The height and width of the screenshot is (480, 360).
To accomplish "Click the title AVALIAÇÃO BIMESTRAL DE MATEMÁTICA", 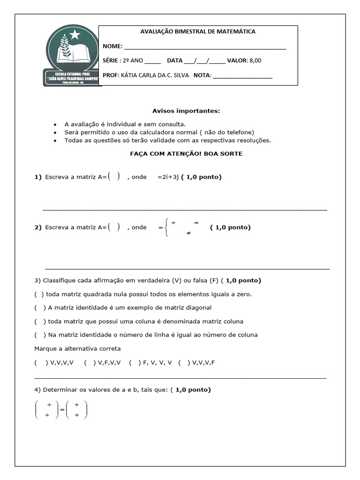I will pos(198,31).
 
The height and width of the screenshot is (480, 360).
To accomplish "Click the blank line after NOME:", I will pos(205,48).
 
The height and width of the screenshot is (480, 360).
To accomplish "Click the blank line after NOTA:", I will pos(242,76).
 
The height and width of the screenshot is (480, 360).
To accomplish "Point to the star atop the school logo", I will pos(75,34).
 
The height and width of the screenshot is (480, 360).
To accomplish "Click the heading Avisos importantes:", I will pos(186,111).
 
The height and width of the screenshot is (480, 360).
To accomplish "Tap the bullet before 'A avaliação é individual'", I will pos(55,125).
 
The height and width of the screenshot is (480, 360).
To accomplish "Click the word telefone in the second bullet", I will pos(239,132).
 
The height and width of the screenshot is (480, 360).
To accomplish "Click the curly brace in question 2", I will pos(166,227).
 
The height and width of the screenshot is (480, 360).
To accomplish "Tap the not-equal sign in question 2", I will pos(188,232).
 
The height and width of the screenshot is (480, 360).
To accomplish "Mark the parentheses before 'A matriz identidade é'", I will pos(40,308).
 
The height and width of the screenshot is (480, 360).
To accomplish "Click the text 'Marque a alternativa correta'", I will pos(77,349).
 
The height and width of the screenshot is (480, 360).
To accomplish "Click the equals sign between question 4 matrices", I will pos(62,410).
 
